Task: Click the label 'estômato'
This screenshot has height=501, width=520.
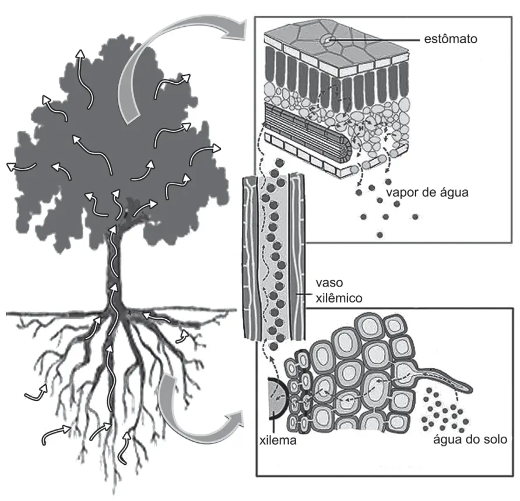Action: pos(451,39)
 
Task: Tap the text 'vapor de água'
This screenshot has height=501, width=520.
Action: pos(427,192)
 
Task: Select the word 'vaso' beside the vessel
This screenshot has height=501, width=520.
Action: pos(329,283)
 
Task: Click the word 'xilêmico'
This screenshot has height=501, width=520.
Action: pos(339,298)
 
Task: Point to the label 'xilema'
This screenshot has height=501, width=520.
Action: pos(278,440)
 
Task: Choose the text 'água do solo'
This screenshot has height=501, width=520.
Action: pos(470,439)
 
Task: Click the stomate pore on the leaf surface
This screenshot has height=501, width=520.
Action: pos(327,40)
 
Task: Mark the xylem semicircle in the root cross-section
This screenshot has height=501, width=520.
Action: pos(275,397)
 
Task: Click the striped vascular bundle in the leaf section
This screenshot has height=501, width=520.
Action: pos(307,133)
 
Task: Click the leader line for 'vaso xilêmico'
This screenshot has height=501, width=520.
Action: pos(304,294)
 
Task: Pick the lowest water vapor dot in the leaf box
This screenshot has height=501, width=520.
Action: pos(380,235)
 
